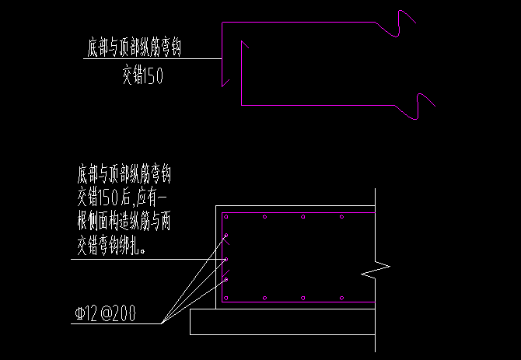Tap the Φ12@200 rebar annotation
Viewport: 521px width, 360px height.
point(106,314)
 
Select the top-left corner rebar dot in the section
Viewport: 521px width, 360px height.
point(226,216)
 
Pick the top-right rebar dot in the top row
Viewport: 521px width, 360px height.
point(341,216)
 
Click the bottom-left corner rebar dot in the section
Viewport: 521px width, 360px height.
point(226,298)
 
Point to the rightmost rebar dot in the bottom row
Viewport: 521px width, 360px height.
point(341,298)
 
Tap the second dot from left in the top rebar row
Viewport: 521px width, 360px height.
point(265,216)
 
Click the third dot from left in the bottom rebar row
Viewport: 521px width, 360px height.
point(302,298)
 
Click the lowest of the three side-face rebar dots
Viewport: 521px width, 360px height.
point(227,278)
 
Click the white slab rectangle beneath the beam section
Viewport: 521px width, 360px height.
point(280,322)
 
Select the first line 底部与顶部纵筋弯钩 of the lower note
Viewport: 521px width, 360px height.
point(124,169)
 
